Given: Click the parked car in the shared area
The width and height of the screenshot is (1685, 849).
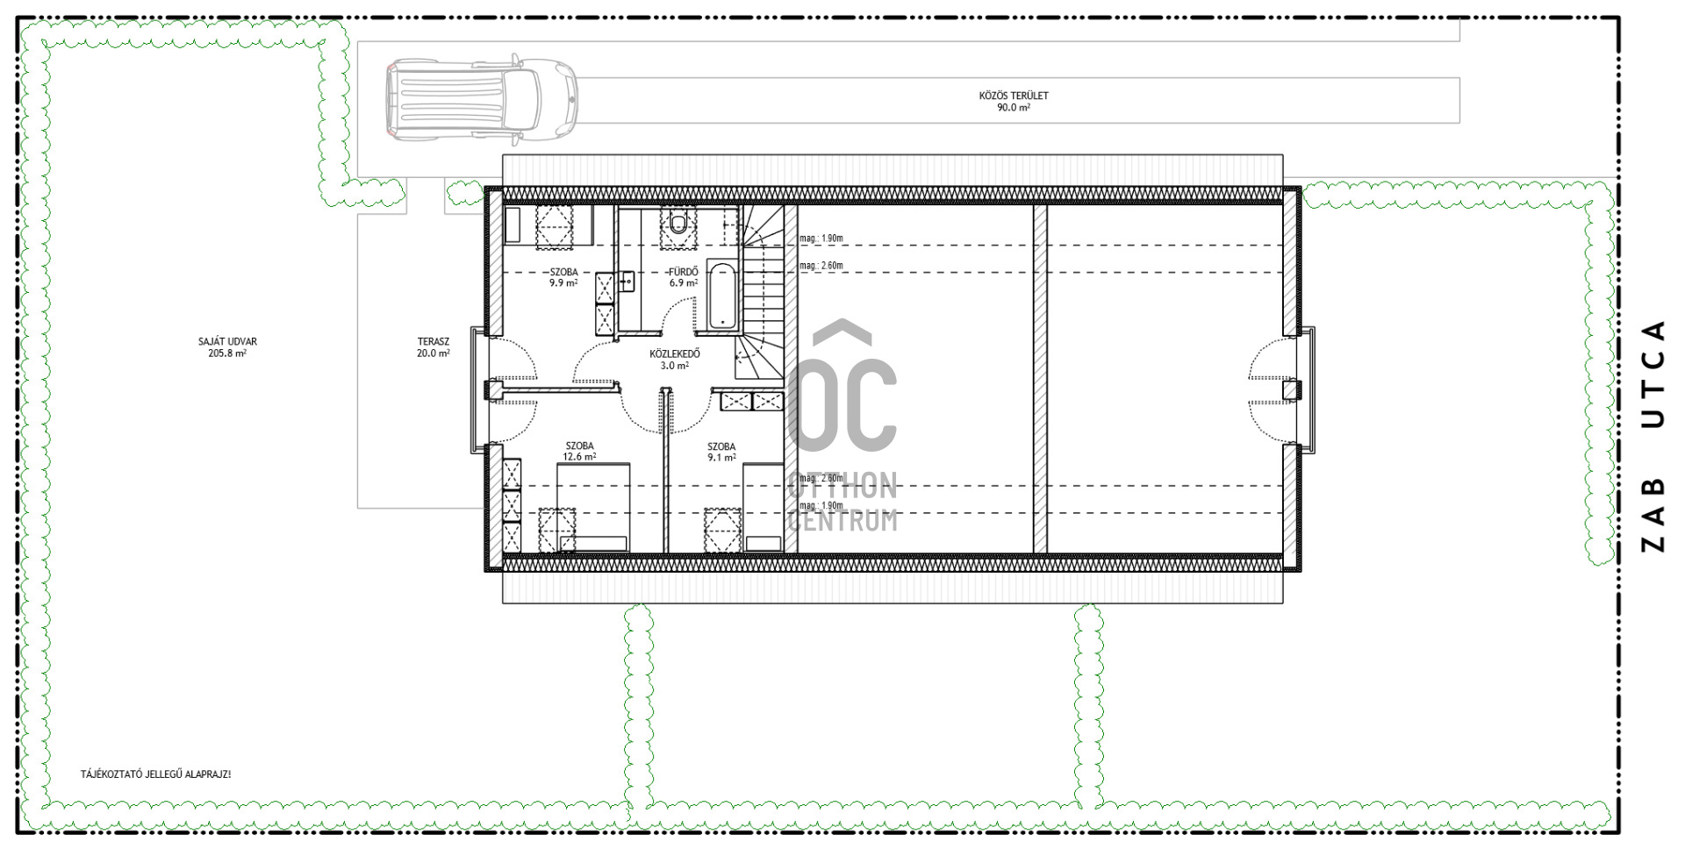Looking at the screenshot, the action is [x=482, y=98].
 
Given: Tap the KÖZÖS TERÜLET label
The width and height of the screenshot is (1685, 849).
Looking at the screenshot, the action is [x=1014, y=96].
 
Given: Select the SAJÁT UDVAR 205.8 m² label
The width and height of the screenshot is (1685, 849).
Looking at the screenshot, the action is [x=227, y=347].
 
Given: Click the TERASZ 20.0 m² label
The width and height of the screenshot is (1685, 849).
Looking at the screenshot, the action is [x=434, y=347].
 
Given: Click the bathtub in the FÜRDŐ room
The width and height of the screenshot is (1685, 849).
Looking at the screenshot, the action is [x=721, y=296].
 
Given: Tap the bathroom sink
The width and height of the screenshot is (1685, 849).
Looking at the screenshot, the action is [x=627, y=281].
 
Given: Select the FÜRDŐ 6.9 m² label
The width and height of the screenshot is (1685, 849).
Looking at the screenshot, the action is [x=684, y=277].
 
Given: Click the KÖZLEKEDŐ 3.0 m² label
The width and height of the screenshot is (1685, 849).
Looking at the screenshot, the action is [x=675, y=360].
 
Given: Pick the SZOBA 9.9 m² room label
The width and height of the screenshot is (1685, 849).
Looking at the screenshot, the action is [x=563, y=277].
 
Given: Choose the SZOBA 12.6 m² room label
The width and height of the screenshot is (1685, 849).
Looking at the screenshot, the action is [x=579, y=451].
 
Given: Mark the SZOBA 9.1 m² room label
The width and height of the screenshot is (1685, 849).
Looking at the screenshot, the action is [x=721, y=452].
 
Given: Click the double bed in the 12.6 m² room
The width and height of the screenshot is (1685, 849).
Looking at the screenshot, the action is [x=593, y=507].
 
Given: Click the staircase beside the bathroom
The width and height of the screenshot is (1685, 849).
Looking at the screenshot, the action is [x=763, y=292].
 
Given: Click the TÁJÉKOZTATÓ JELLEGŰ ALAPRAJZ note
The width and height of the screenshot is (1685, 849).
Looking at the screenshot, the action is [x=156, y=774].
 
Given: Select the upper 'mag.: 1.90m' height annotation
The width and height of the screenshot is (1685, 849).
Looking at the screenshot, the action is [x=821, y=238].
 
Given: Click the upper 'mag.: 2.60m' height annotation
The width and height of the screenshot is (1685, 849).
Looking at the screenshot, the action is [x=821, y=265].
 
